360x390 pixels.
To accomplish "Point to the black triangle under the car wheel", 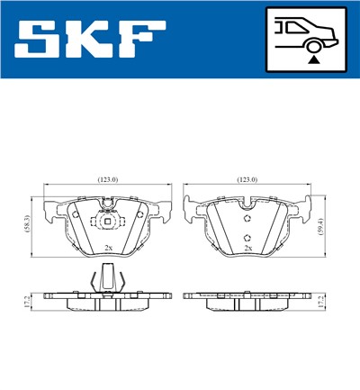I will [313, 59].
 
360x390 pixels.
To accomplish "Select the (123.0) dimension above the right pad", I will [247, 180].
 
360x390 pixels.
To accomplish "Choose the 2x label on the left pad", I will [107, 247].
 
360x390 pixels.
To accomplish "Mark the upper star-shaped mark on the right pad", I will [248, 216].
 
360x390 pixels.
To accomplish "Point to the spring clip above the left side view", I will [107, 280].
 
